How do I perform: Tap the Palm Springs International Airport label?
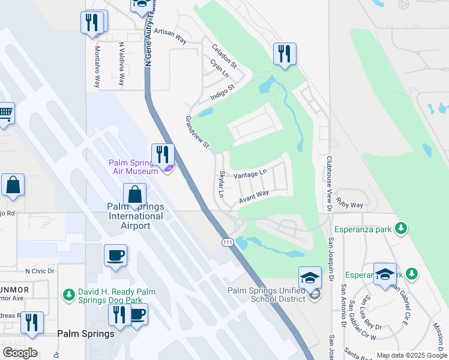click(x=136, y=216)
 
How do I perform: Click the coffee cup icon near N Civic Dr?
click(x=115, y=256)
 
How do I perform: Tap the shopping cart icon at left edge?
click(x=5, y=112)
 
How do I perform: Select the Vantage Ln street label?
click(x=250, y=175)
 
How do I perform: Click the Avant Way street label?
click(x=253, y=197)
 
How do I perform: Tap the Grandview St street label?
click(x=196, y=132)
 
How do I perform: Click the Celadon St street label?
click(x=224, y=54)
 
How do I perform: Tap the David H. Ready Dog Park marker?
click(x=68, y=295)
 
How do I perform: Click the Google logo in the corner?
click(x=20, y=352)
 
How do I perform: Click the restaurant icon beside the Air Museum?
click(x=162, y=154)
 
